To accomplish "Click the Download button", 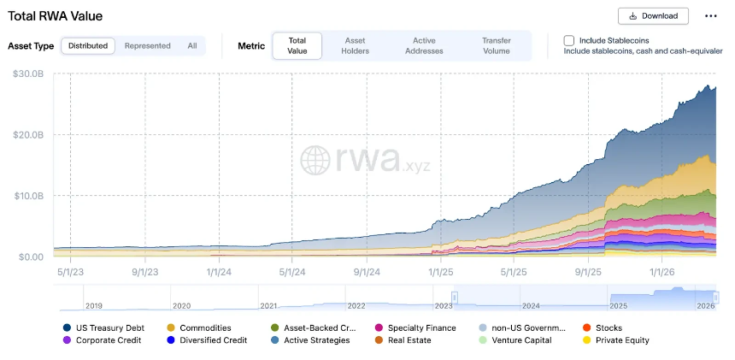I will (653, 15).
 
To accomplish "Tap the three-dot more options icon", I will (711, 15).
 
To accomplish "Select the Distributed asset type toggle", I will (88, 45).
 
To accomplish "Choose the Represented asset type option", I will (147, 45).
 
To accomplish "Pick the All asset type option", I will (192, 45).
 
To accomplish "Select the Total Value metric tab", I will (297, 45).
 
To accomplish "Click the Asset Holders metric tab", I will (355, 45).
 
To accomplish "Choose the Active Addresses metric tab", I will (424, 45).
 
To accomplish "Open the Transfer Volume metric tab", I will (496, 45).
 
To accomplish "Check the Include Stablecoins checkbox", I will (569, 40).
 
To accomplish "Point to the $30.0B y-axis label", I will (27, 74).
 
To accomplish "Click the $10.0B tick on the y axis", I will (27, 196).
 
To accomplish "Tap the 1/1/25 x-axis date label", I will (440, 272).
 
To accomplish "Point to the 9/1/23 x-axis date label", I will (145, 272).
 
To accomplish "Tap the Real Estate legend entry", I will (409, 340).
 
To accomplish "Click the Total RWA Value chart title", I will (55, 16).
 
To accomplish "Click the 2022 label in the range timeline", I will (356, 305).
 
